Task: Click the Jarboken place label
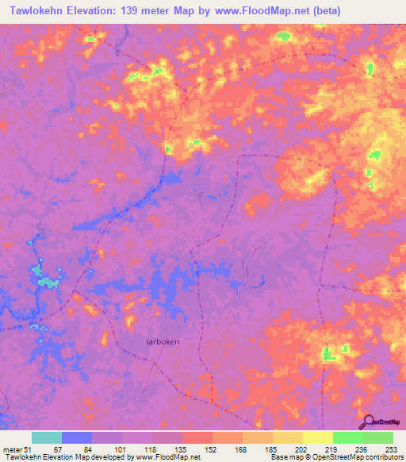(x=163, y=341)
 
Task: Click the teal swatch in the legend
(x=47, y=438)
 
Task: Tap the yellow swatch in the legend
(x=317, y=438)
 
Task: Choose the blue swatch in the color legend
(x=77, y=438)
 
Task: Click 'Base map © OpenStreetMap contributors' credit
(x=336, y=458)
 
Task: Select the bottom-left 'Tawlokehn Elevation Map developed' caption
(x=100, y=458)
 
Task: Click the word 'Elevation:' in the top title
(x=88, y=10)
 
